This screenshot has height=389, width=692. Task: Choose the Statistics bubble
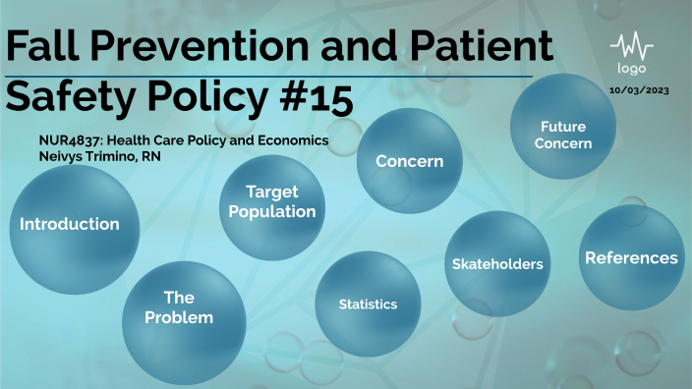tap(368, 305)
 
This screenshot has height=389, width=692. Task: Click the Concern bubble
tap(409, 161)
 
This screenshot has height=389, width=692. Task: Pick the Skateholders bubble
tap(497, 263)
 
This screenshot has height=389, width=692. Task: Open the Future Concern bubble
tap(564, 135)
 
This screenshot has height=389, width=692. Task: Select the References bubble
tap(631, 257)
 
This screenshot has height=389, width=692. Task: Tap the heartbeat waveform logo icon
tap(631, 47)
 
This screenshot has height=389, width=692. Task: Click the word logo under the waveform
tap(631, 69)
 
